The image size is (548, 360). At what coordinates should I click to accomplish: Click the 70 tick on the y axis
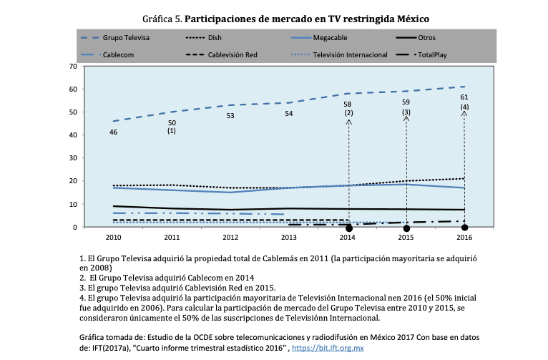click(x=72, y=66)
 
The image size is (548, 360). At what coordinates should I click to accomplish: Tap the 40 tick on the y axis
click(x=72, y=135)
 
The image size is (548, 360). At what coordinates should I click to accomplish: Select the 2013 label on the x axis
click(x=289, y=236)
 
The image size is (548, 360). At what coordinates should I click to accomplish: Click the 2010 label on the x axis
click(x=113, y=236)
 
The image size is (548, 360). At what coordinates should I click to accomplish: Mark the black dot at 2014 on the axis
click(x=348, y=228)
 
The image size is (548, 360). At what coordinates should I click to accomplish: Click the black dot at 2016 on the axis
click(x=464, y=228)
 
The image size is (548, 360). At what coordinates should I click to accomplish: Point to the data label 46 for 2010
click(x=113, y=132)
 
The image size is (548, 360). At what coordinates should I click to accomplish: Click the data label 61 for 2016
click(x=464, y=97)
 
